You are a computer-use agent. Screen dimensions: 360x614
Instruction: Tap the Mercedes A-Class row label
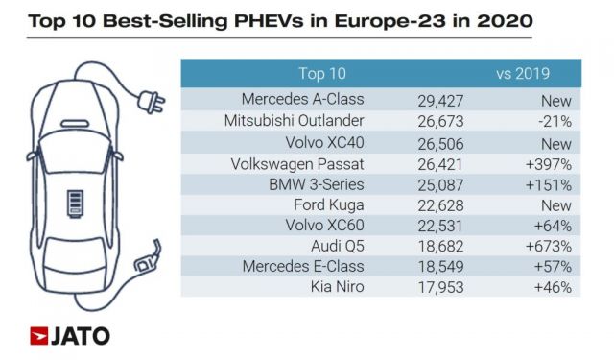[303, 100]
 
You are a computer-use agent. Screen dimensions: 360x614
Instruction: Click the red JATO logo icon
[39, 336]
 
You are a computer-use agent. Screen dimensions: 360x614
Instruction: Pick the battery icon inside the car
[72, 205]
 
